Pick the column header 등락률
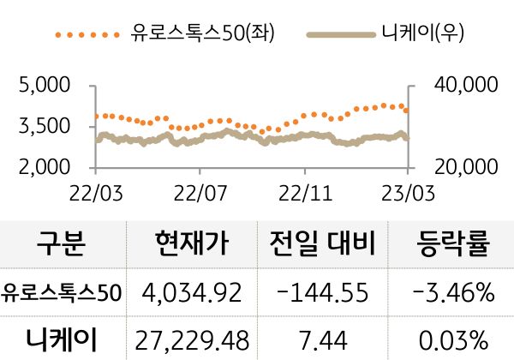pyautogui.click(x=452, y=245)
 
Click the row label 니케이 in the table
pyautogui.click(x=62, y=335)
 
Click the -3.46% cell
pyautogui.click(x=452, y=293)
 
